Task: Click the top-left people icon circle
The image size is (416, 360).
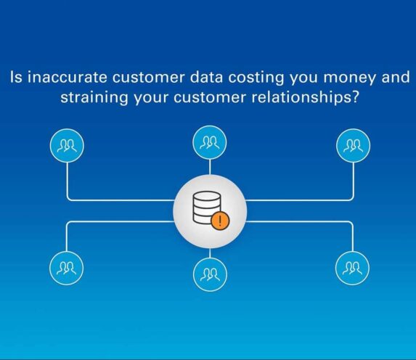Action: click(x=67, y=145)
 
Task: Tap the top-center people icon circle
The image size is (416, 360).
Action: click(x=210, y=142)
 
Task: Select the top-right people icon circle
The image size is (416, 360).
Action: click(x=353, y=146)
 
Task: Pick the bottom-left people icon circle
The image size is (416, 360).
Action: click(x=66, y=268)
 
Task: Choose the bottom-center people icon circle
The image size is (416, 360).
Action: click(x=210, y=274)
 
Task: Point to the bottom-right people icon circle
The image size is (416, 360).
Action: click(x=352, y=268)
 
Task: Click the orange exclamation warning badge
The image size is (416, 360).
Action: click(x=220, y=220)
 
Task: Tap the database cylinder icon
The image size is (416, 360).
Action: click(x=207, y=208)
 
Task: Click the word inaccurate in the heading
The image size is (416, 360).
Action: click(x=67, y=78)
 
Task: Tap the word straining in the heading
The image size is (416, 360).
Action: click(x=94, y=99)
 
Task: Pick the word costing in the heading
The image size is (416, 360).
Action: click(x=256, y=78)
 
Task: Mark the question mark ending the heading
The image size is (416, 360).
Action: click(x=354, y=97)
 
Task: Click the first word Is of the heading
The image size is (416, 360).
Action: click(x=16, y=77)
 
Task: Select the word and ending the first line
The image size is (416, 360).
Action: click(x=396, y=77)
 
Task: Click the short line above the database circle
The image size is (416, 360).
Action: click(x=210, y=167)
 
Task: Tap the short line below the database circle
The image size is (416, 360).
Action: click(x=210, y=253)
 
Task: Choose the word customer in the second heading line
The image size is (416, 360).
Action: click(x=210, y=97)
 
